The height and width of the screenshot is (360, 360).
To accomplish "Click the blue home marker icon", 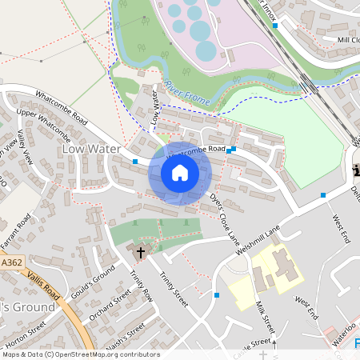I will pos(179,173).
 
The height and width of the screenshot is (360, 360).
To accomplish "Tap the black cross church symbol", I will pos(141,252).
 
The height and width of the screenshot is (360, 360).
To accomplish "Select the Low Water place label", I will pos(91,149).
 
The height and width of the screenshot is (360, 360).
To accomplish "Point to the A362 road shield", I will pos(12,262).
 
